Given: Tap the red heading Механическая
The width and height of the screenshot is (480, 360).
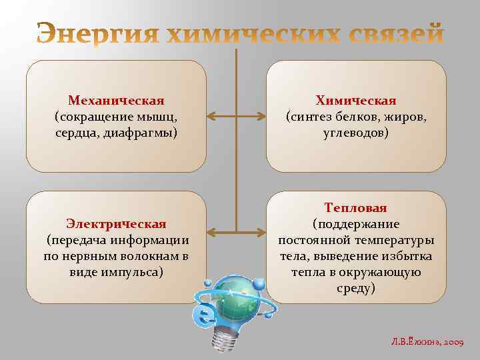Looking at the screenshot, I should point(116,101).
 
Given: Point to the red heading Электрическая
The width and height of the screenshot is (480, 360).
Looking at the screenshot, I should point(116,223).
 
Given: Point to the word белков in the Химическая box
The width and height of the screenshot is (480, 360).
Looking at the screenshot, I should point(357,117).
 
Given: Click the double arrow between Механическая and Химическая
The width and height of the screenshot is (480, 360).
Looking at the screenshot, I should point(236,117).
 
